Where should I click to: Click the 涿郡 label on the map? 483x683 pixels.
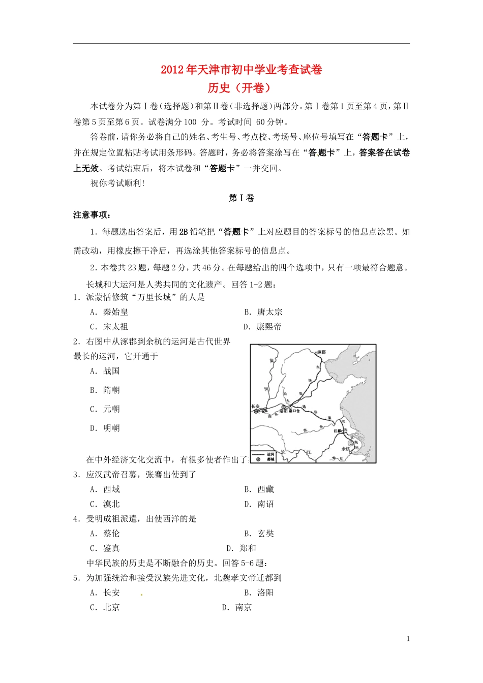pos(320,352)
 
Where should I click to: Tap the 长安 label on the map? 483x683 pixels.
pos(255,407)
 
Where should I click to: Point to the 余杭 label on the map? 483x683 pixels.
pos(346,449)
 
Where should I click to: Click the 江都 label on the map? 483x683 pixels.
pos(338,431)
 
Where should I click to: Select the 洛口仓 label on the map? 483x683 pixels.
pos(295,411)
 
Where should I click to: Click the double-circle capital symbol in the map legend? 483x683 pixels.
pos(258,459)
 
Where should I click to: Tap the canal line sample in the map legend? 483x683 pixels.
pos(259,454)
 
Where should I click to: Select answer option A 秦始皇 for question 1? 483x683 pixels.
pos(109,312)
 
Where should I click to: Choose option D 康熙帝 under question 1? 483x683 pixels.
pos(262,327)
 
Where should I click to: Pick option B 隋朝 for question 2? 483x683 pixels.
pos(105,390)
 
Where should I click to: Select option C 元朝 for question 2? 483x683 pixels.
pos(105,409)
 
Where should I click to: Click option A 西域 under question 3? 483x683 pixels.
pos(105,489)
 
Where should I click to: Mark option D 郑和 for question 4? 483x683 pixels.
pos(242,548)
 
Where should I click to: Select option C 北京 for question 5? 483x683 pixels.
pos(105,607)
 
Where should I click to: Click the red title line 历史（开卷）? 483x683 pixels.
pos(241,88)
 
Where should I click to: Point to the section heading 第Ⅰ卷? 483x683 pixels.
pos(241,198)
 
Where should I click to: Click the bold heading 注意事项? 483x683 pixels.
pos(92,215)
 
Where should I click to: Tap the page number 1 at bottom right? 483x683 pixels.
pos(408,639)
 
